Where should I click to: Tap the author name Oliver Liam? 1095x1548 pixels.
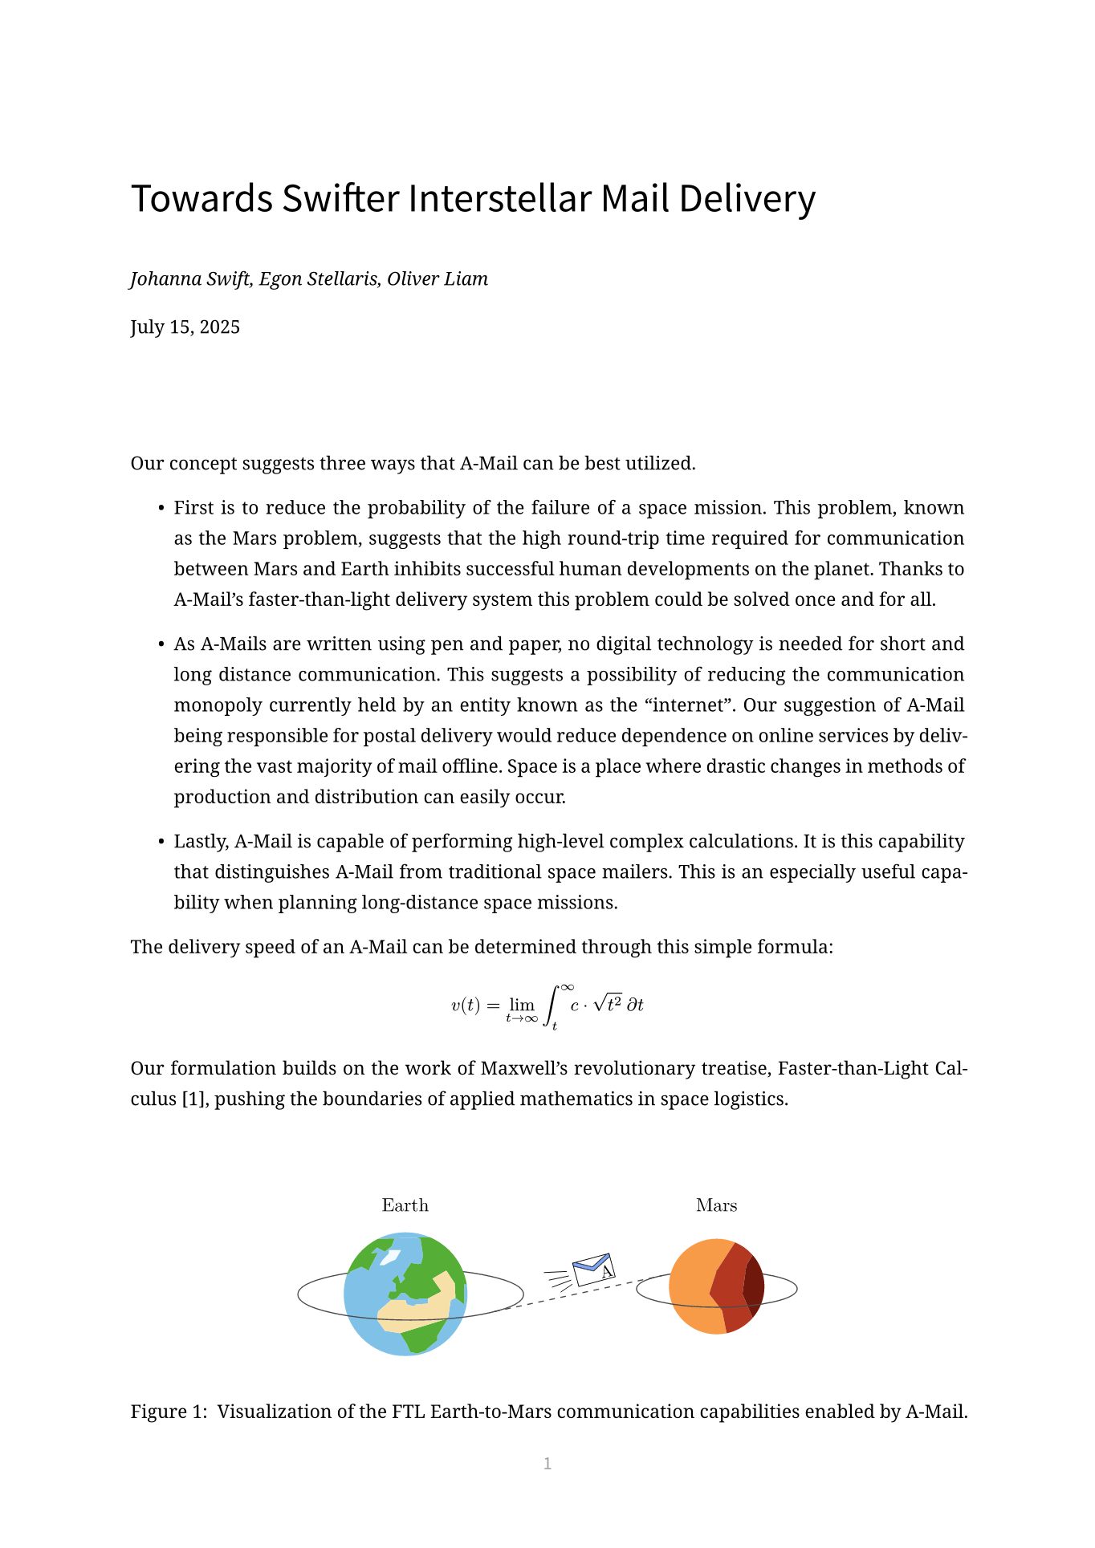438,279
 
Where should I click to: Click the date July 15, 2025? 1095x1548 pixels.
185,327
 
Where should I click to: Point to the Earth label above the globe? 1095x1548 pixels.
405,1205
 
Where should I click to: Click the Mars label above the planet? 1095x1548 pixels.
716,1205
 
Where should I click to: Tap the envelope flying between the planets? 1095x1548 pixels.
593,1270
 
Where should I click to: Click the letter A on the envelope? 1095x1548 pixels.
607,1271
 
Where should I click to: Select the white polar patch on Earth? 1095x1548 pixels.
389,1257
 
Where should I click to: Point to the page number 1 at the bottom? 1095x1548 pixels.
547,1464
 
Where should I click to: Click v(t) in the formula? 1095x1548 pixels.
465,1005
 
